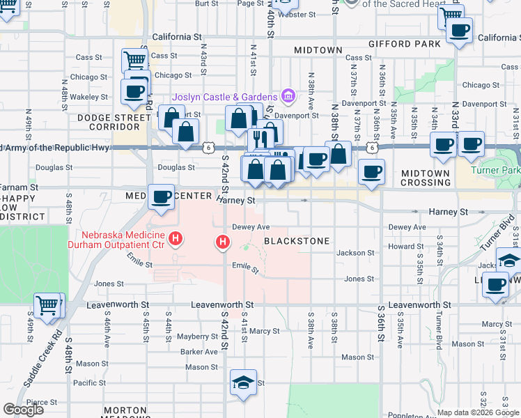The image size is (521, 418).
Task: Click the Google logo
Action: pyautogui.click(x=24, y=410)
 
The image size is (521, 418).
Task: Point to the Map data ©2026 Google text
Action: pyautogui.click(x=478, y=412)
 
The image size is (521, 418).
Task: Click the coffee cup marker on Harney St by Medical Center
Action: pyautogui.click(x=161, y=197)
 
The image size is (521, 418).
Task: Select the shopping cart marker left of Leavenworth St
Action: pyautogui.click(x=47, y=305)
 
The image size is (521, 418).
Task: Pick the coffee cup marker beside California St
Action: pyautogui.click(x=459, y=31)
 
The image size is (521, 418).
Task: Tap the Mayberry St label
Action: pyautogui.click(x=198, y=336)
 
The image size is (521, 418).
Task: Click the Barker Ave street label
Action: pyautogui.click(x=199, y=352)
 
